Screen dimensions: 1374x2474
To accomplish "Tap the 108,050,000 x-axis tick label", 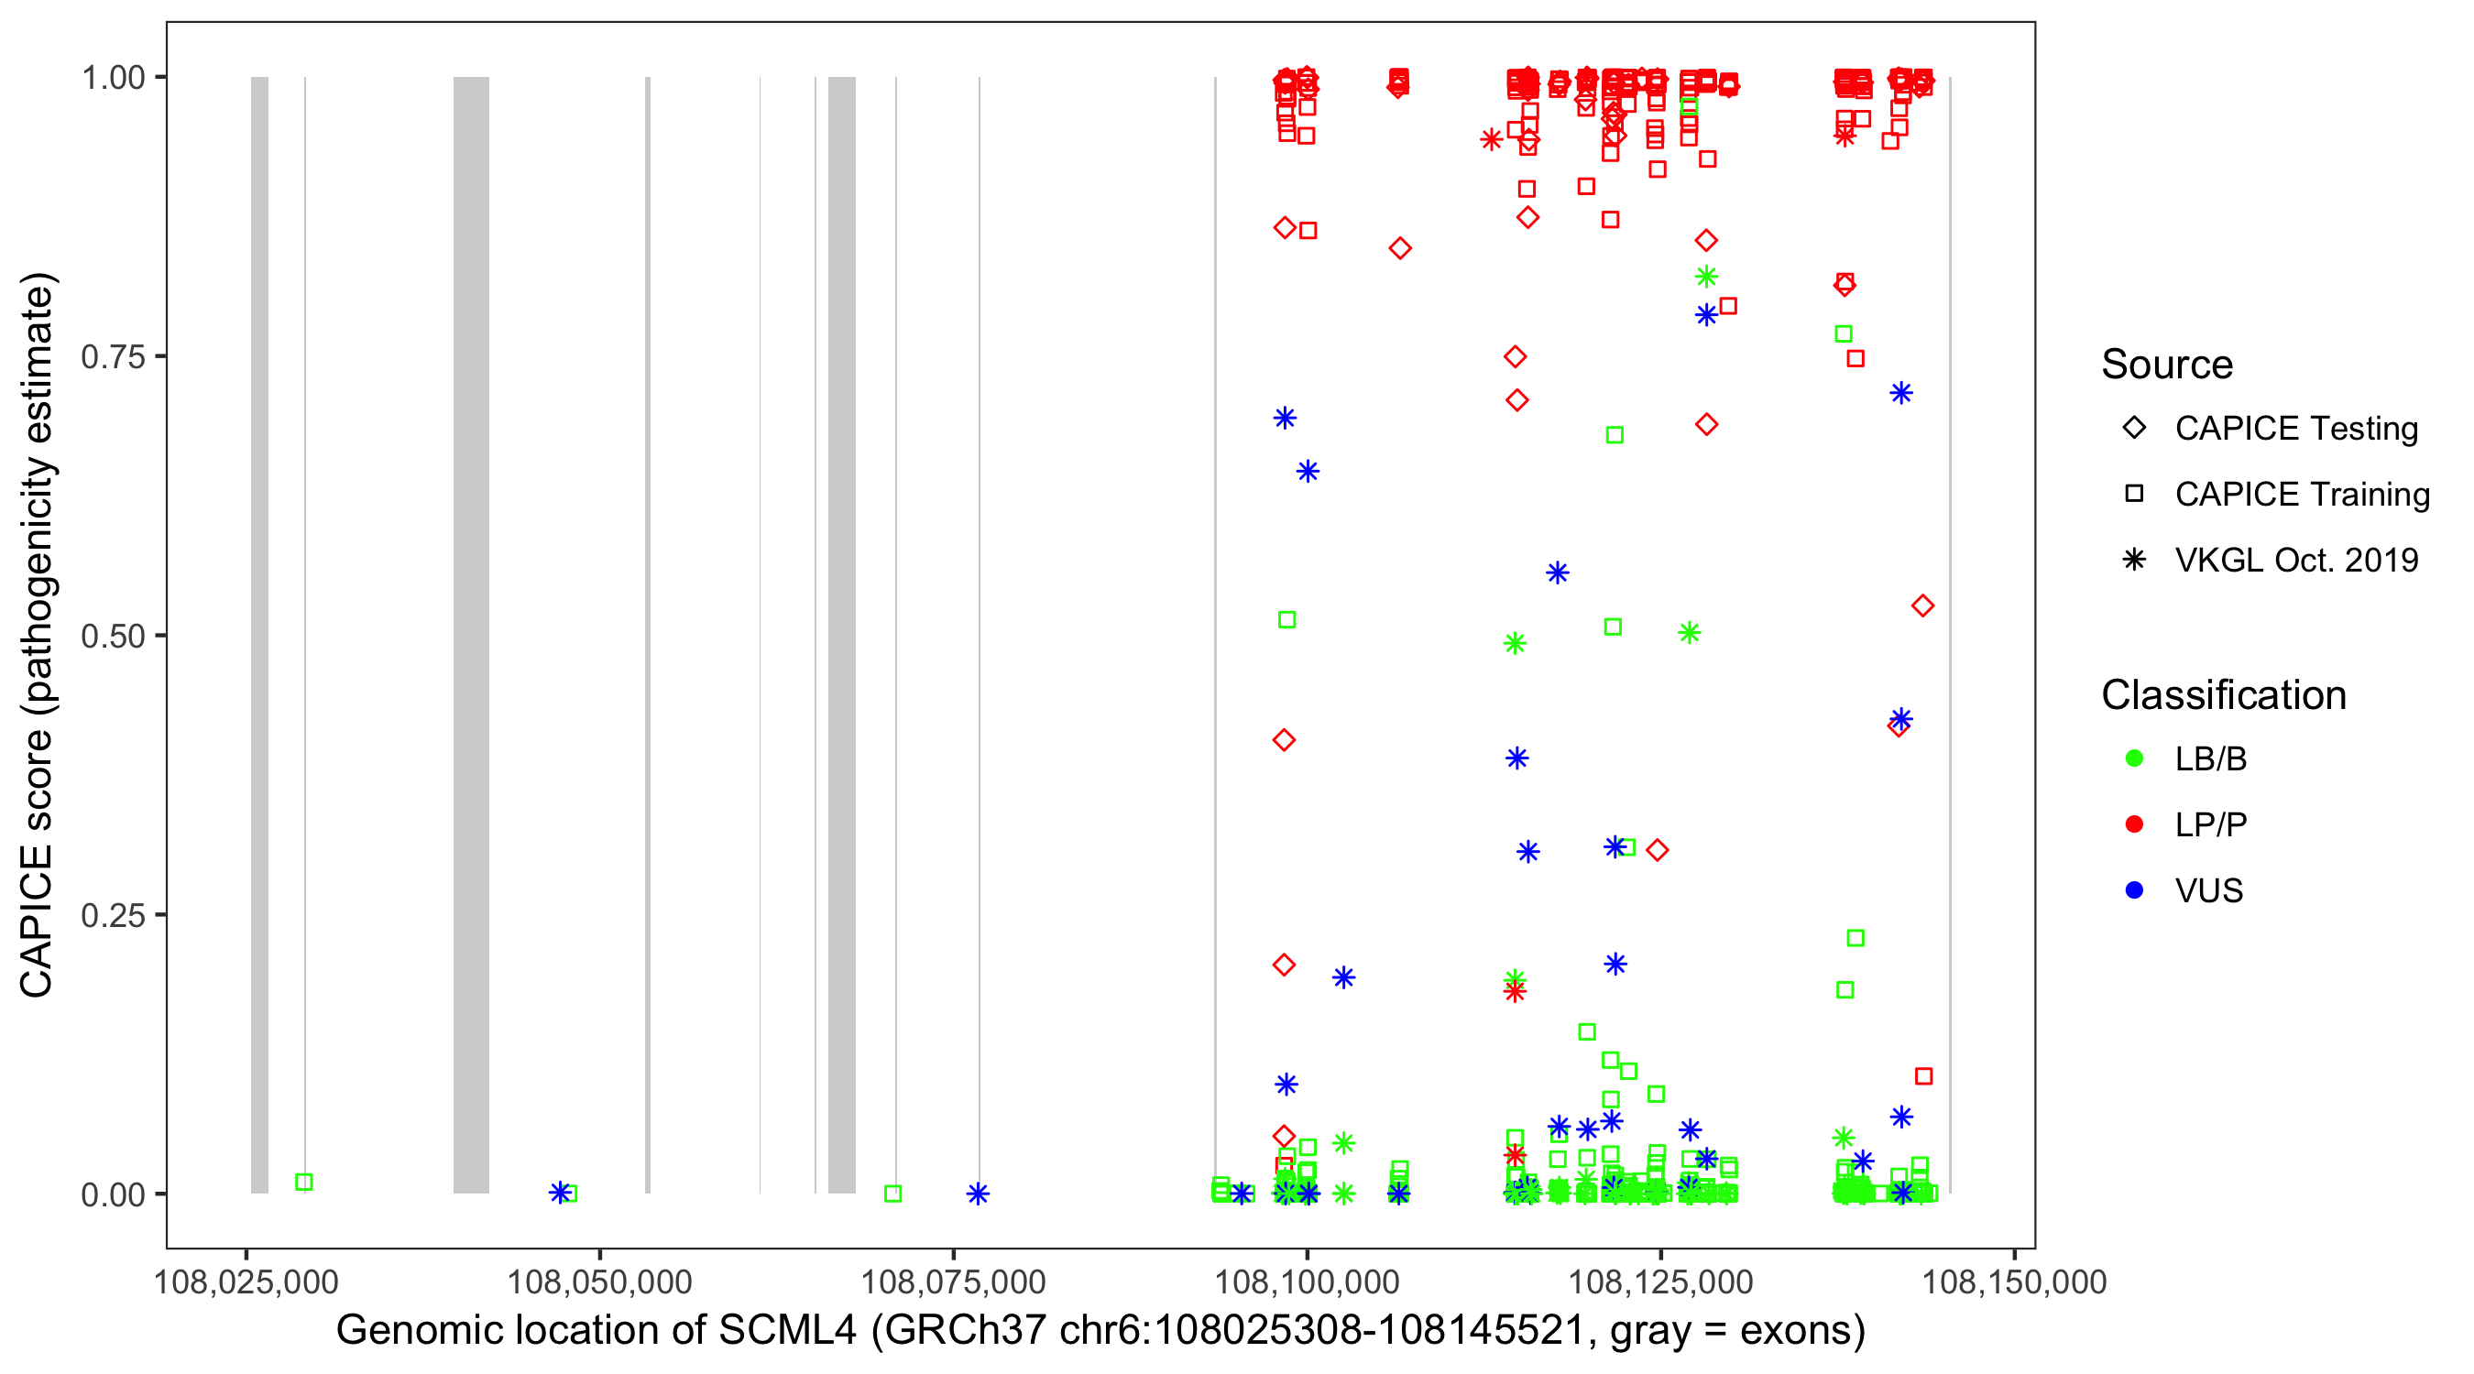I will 599,1281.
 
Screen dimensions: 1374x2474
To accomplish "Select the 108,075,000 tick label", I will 953,1281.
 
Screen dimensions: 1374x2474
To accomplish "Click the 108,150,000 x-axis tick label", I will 2014,1281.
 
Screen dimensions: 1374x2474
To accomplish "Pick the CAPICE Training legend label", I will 2302,495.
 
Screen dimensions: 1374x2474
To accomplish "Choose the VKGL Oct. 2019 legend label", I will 2296,561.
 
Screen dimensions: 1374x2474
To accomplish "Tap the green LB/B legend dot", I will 2134,759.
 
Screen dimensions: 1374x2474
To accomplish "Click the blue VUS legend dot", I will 2134,891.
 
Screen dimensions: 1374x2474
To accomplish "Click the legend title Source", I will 2167,365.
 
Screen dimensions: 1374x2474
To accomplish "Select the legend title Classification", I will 2223,695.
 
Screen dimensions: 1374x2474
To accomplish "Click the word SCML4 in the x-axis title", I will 787,1331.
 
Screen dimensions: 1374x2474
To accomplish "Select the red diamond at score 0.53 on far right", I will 1921,605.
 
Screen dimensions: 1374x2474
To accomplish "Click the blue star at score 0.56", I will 1558,573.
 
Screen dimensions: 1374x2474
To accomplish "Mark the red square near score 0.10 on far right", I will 1923,1076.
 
